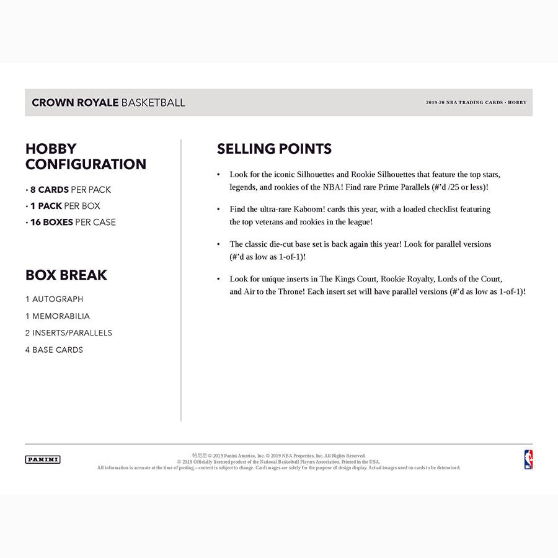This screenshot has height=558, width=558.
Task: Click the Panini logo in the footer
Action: (43, 459)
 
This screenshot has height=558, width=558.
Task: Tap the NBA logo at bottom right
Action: (528, 459)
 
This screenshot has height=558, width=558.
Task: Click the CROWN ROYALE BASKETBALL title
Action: (108, 102)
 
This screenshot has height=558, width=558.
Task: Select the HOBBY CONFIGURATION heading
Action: (86, 156)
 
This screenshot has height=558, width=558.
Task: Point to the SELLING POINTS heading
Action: (274, 149)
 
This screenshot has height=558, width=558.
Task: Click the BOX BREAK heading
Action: (66, 275)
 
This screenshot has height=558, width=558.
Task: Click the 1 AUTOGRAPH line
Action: (55, 299)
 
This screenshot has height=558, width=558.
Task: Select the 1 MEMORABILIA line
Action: (58, 316)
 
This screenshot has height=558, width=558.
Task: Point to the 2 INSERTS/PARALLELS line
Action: (69, 333)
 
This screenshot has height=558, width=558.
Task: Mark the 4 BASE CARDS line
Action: (55, 350)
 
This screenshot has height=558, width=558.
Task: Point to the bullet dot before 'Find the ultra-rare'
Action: (218, 210)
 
